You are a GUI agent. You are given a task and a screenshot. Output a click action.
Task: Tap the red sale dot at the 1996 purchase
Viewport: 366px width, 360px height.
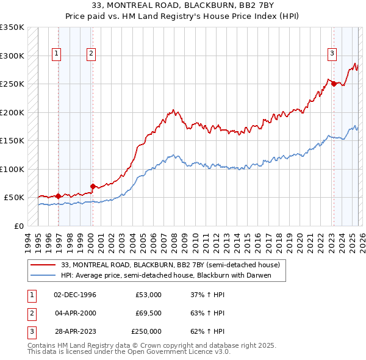tap(58, 196)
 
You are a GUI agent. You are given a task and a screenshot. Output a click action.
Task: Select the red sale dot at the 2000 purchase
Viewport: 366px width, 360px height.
tap(93, 186)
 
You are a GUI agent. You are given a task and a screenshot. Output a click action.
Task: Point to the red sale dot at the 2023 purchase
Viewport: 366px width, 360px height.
tap(334, 84)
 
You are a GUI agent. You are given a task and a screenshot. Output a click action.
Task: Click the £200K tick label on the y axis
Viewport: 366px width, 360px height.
tap(12, 112)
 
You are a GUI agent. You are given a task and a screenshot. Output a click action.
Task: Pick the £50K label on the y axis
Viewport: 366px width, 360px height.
tap(14, 198)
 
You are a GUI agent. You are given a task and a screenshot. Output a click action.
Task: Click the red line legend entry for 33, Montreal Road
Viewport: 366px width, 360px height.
tap(170, 265)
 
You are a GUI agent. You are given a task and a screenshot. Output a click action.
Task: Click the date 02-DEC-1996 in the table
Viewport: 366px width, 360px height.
tap(75, 295)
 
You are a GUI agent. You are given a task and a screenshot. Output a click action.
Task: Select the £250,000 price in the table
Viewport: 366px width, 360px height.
tap(146, 331)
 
